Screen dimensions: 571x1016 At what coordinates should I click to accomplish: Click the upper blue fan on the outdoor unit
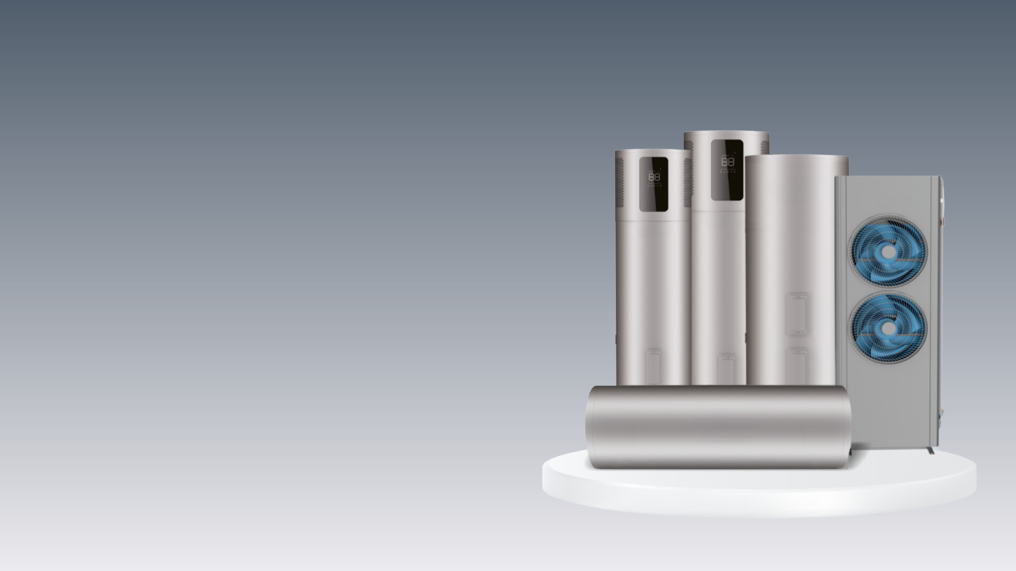[x=888, y=250]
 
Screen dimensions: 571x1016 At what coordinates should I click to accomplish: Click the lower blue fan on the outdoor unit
[x=888, y=328]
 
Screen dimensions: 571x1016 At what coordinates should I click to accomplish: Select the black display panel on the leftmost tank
[x=654, y=184]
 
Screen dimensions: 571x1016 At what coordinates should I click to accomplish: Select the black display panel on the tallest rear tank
[x=727, y=170]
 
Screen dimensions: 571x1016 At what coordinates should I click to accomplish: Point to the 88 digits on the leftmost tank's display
[x=654, y=177]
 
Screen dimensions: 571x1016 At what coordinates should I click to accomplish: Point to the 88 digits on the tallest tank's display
[x=727, y=161]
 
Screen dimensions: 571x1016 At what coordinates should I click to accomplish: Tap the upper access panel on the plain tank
[x=798, y=315]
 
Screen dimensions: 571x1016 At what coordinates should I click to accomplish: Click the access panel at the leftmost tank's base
[x=654, y=366]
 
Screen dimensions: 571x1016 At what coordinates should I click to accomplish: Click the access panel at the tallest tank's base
[x=727, y=369]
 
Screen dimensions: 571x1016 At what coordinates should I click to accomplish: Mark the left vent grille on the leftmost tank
[x=620, y=182]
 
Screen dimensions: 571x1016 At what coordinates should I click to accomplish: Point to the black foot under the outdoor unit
[x=930, y=450]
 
